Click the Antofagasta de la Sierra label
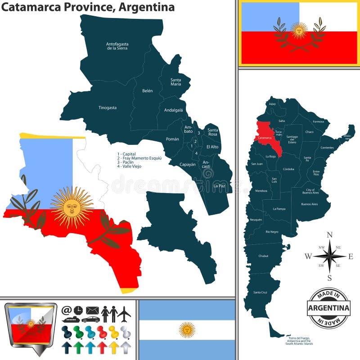point(117,46)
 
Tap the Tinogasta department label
point(108,108)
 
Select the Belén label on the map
point(147,91)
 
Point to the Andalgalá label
point(173,110)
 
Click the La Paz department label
point(219,186)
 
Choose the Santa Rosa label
point(212,132)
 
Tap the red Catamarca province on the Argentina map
point(268,137)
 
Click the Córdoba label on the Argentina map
point(288,169)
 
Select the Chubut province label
point(263,256)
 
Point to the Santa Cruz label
point(260,292)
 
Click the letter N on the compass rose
point(329,234)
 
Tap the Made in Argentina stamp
point(329,308)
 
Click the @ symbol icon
point(67,310)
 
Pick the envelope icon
point(92,310)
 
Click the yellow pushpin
point(113,332)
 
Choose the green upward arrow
point(78,347)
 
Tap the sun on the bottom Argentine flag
point(187,330)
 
